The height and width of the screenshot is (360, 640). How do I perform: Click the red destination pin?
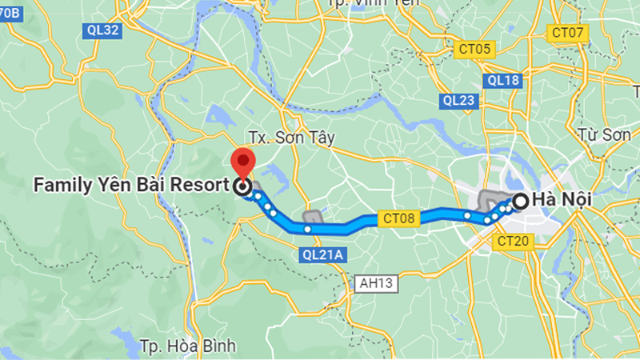point(242,161)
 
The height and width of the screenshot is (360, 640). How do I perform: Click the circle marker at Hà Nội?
point(520,202)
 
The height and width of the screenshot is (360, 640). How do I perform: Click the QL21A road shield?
point(323,255)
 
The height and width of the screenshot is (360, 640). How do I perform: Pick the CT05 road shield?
point(474,50)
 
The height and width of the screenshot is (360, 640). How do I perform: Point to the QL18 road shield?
point(503,80)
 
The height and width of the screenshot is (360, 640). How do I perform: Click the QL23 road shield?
point(458,100)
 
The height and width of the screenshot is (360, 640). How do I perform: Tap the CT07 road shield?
point(568,33)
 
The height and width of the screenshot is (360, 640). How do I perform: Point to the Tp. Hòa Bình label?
point(187,346)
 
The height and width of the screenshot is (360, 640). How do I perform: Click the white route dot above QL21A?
point(307,230)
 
